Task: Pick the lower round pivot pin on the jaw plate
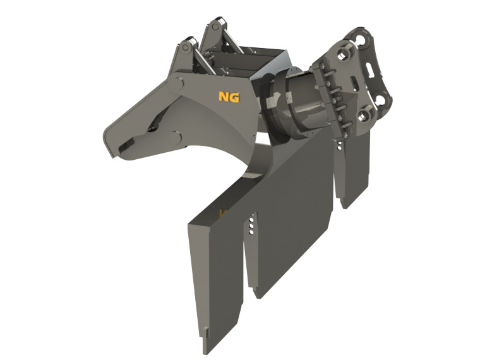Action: (x=178, y=134)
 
